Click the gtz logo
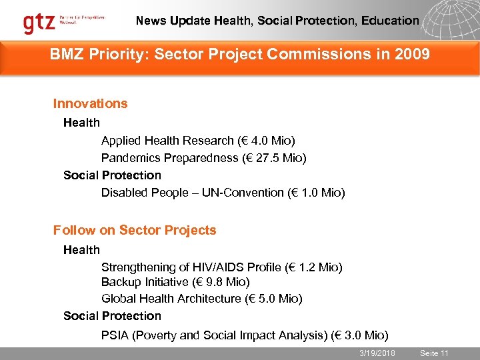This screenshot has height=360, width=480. coord(40,23)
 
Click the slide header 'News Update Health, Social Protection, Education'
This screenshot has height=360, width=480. coord(277,21)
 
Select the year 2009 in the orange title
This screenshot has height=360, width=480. coord(412,55)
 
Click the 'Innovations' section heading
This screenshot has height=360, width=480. coord(90,103)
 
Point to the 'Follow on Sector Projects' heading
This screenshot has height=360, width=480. coord(135,230)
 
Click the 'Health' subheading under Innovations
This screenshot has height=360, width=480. coord(81,123)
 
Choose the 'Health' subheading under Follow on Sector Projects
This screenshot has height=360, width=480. coord(81,250)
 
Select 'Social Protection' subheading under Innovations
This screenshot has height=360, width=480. coord(112,175)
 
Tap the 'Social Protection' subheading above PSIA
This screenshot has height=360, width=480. coord(112,316)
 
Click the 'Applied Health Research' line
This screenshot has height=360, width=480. coord(198,141)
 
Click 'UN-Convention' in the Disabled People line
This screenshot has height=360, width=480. coord(229,193)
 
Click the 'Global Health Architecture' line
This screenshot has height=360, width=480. coord(201,299)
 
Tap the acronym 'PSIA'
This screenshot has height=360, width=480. coord(115,335)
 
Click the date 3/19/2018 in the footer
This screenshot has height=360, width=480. coord(377,353)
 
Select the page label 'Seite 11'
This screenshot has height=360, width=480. coord(434,353)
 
